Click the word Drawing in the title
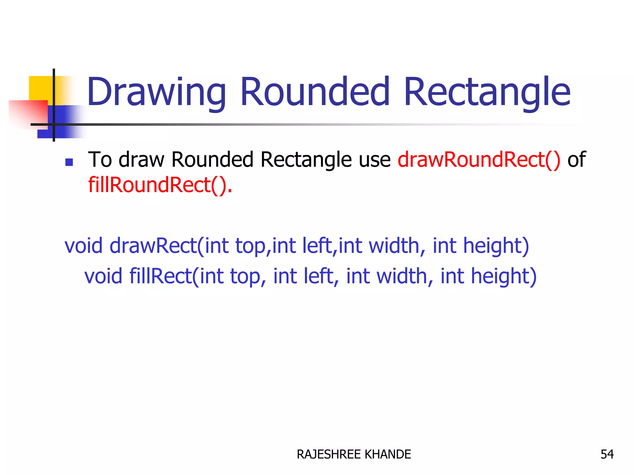tap(156, 92)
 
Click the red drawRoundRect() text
tap(479, 160)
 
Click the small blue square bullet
tap(69, 162)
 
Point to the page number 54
tap(607, 454)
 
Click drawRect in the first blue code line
tap(153, 246)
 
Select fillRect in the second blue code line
tap(160, 276)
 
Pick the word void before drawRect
tap(83, 246)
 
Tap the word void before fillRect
tap(103, 276)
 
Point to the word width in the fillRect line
tap(402, 276)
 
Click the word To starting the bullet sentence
tap(100, 160)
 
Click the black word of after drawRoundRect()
tap(576, 160)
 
